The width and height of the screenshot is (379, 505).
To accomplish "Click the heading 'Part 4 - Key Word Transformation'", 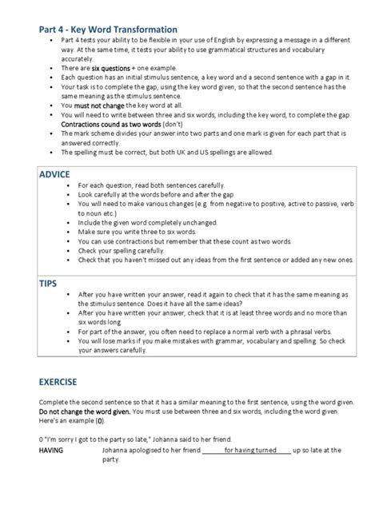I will click(x=108, y=30).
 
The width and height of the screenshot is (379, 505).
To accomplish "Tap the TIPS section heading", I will click(x=49, y=282).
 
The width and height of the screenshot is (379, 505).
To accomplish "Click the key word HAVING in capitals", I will click(x=52, y=450).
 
